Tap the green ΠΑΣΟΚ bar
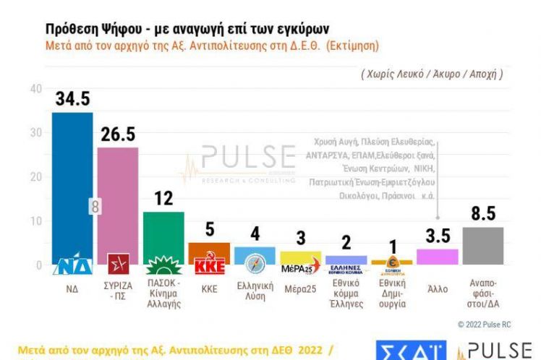pos(163,231)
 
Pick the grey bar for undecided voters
pos(482,246)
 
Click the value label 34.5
pos(72,98)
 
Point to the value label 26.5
pos(117,134)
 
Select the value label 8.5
pos(482,214)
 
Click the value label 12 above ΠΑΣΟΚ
pos(163,198)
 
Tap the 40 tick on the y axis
pos(35,88)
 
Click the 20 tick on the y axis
pos(35,176)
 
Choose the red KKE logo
pos(210,265)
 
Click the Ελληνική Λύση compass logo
pos(255,264)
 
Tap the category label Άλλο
pos(437,289)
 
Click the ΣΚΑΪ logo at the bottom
pos(409,351)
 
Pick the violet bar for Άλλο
pos(437,257)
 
